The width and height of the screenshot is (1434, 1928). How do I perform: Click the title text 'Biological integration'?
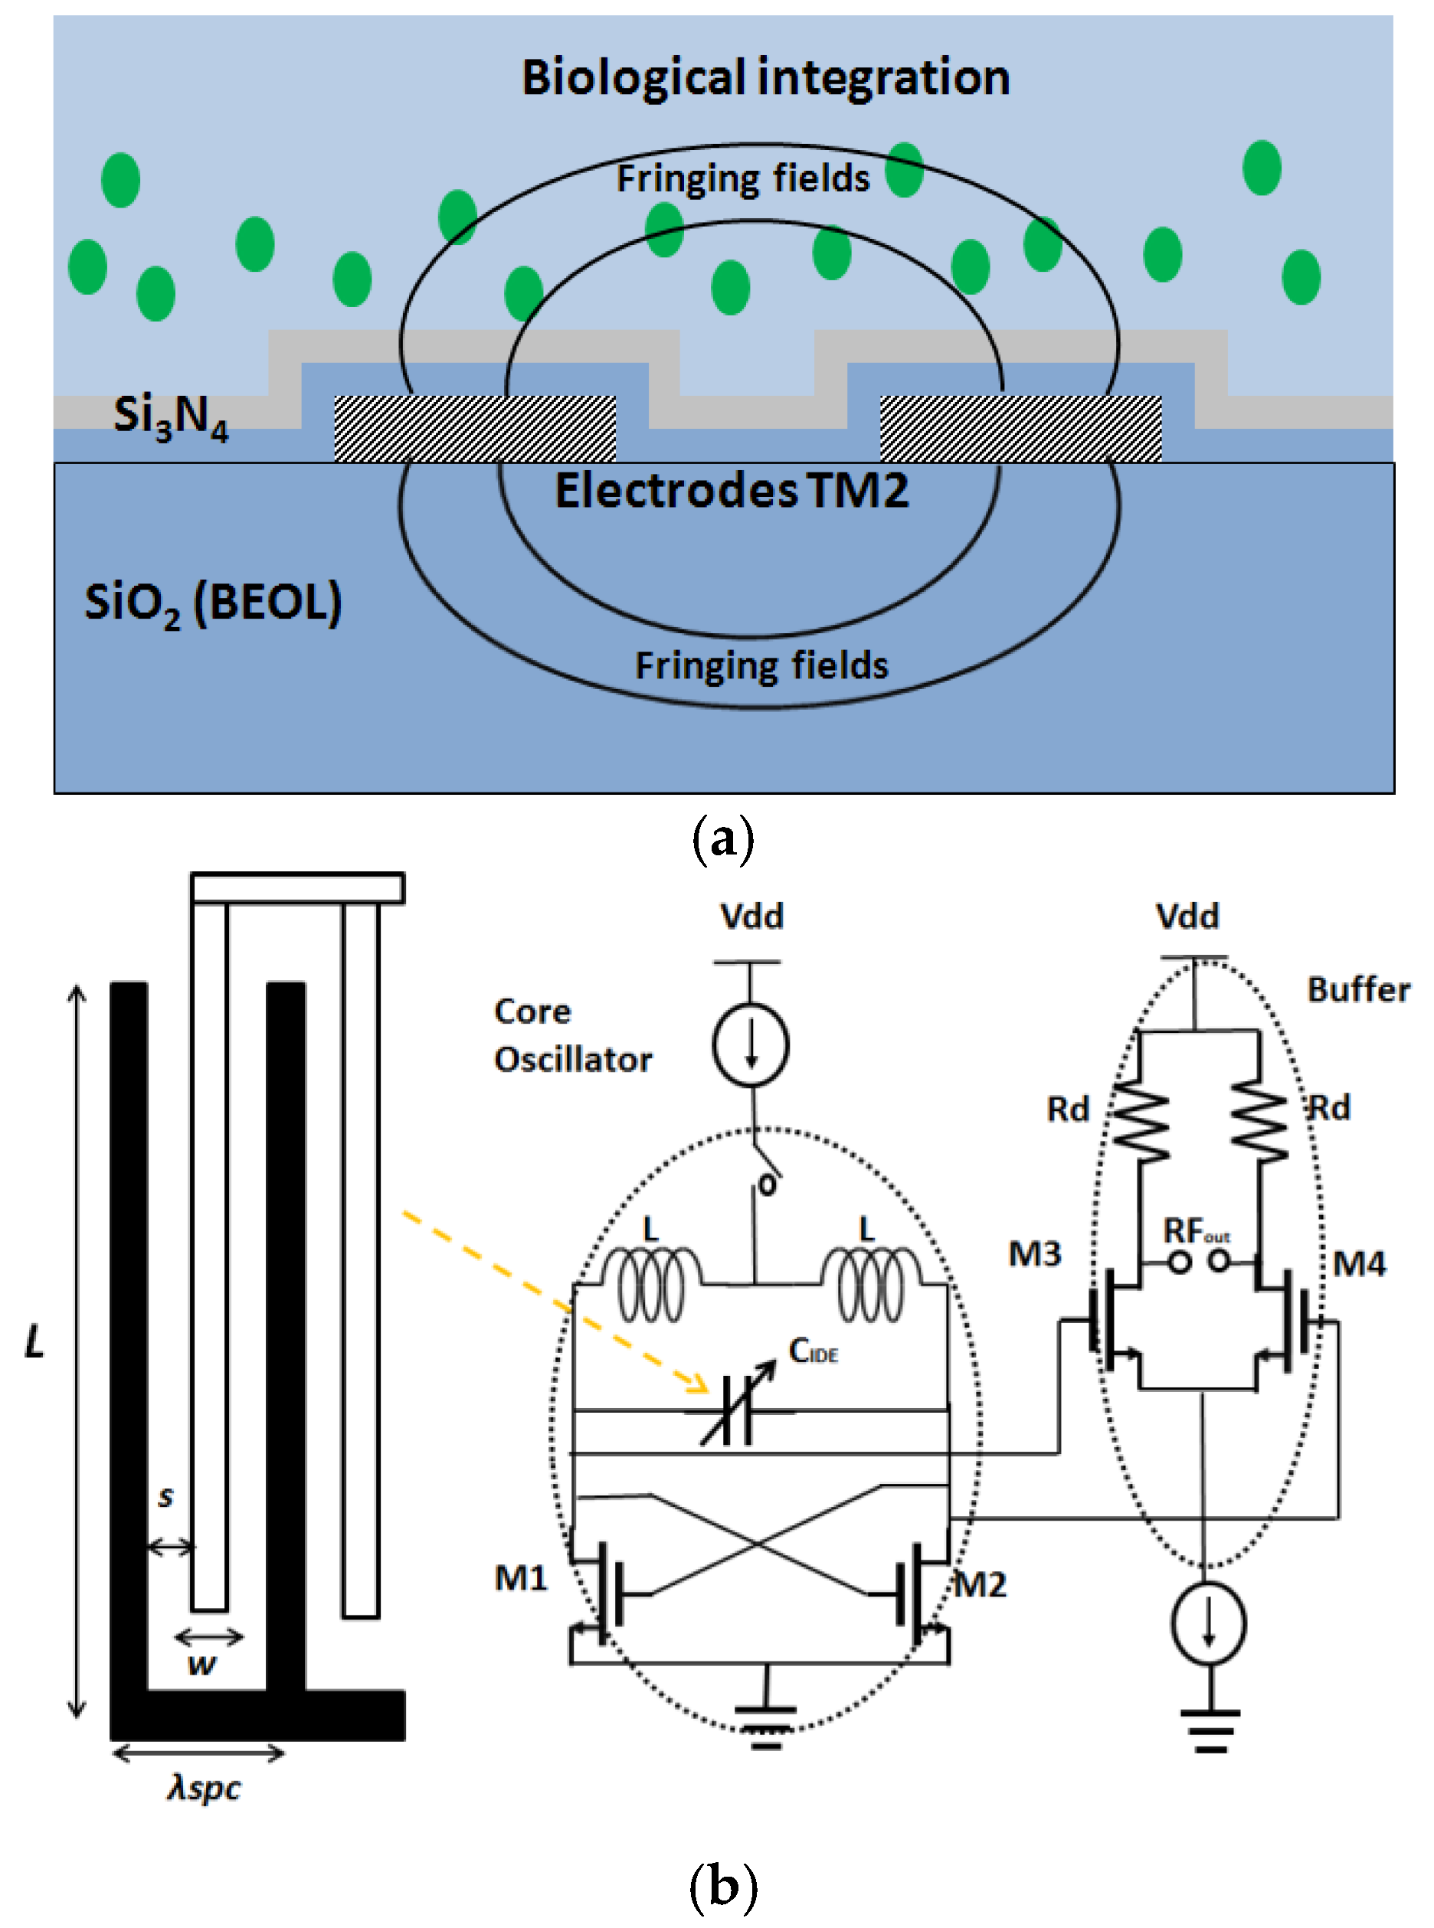pos(764,77)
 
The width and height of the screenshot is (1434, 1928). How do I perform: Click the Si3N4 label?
pos(170,416)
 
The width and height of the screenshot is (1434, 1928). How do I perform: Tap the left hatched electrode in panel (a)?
pos(475,428)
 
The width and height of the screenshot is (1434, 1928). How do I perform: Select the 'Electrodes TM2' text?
pos(732,490)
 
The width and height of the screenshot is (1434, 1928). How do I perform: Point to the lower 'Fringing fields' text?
pos(761,665)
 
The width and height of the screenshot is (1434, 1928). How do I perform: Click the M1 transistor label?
pos(521,1577)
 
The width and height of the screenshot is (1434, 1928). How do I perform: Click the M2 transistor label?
pos(980,1584)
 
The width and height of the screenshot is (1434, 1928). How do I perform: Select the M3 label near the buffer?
pos(1035,1253)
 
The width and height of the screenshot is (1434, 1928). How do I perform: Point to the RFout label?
pos(1197,1230)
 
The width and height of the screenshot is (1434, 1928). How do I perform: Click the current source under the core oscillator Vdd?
pos(751,1044)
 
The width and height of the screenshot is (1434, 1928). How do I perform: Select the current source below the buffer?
pos(1208,1623)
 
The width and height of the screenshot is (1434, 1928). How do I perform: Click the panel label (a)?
pos(722,839)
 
